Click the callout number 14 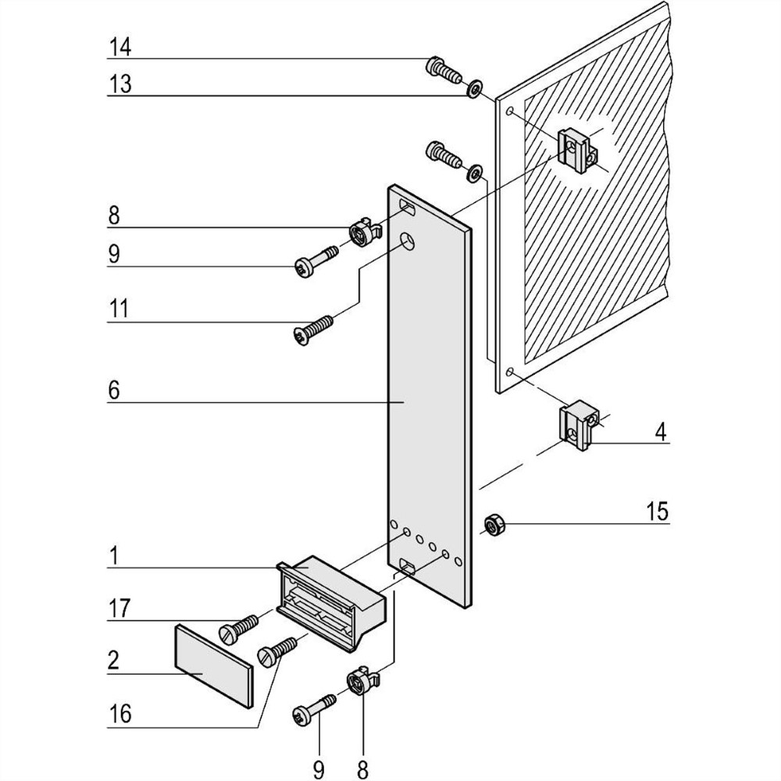click(x=119, y=48)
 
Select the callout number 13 click(x=119, y=84)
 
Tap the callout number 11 click(x=119, y=308)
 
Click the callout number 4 click(x=661, y=431)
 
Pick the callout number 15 click(x=657, y=512)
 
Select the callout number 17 click(x=119, y=608)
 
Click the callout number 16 click(x=119, y=713)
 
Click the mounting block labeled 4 click(x=579, y=426)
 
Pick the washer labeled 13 click(x=473, y=89)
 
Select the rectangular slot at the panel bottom click(x=408, y=565)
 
